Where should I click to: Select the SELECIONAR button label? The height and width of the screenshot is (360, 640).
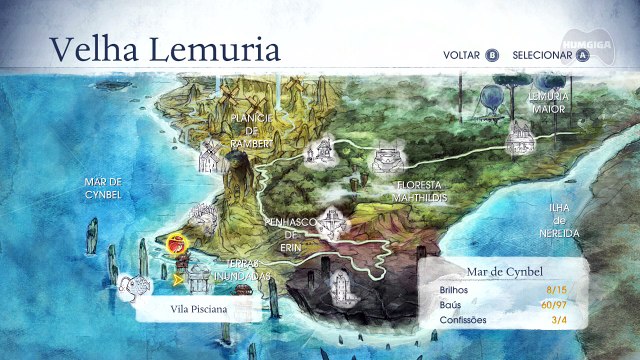[542, 56]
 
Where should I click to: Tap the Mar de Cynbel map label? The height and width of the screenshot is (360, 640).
[103, 188]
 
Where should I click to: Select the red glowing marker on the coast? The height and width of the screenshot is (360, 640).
[176, 242]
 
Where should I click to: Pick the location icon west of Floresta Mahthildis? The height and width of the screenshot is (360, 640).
[319, 151]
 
